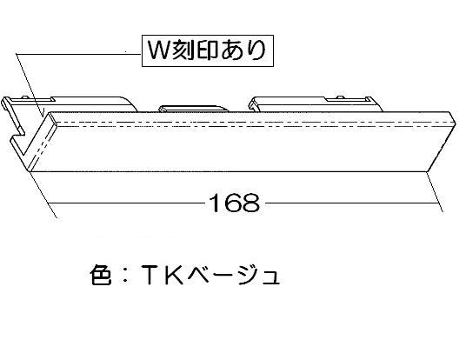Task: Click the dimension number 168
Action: (235, 203)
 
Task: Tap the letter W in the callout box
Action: (159, 50)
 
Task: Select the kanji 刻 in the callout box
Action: (183, 50)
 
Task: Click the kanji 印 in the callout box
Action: (207, 50)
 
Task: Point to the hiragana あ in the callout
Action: (231, 50)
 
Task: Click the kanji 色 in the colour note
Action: (101, 275)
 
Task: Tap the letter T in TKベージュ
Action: (150, 275)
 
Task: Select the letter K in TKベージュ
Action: (174, 275)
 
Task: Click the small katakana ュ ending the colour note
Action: (269, 277)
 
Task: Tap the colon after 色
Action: (125, 275)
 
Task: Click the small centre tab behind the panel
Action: (194, 109)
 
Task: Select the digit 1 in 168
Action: (216, 203)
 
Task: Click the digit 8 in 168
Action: (251, 203)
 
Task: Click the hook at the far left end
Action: (13, 122)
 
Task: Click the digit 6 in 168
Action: (233, 203)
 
